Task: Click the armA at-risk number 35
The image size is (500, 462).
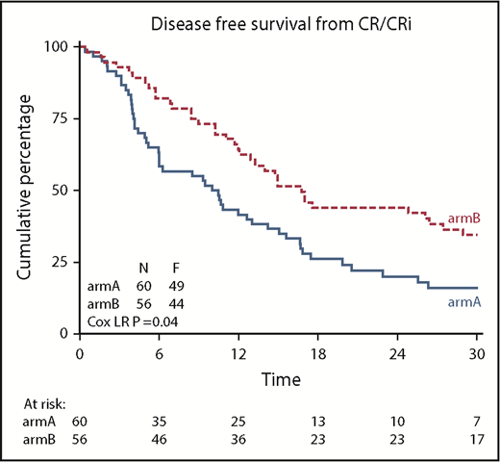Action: point(159,423)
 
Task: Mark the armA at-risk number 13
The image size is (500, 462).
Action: point(318,423)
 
